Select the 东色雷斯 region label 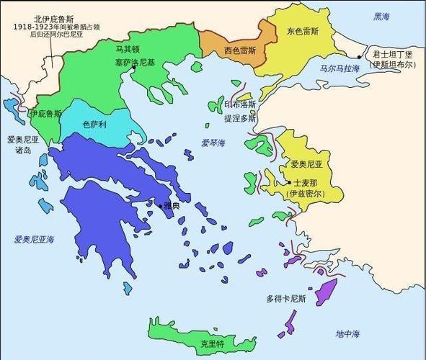click(302, 32)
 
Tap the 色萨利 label click(94, 125)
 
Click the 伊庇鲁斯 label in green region click(44, 113)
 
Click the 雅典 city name click(173, 205)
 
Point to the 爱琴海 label click(213, 143)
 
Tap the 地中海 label click(347, 333)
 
